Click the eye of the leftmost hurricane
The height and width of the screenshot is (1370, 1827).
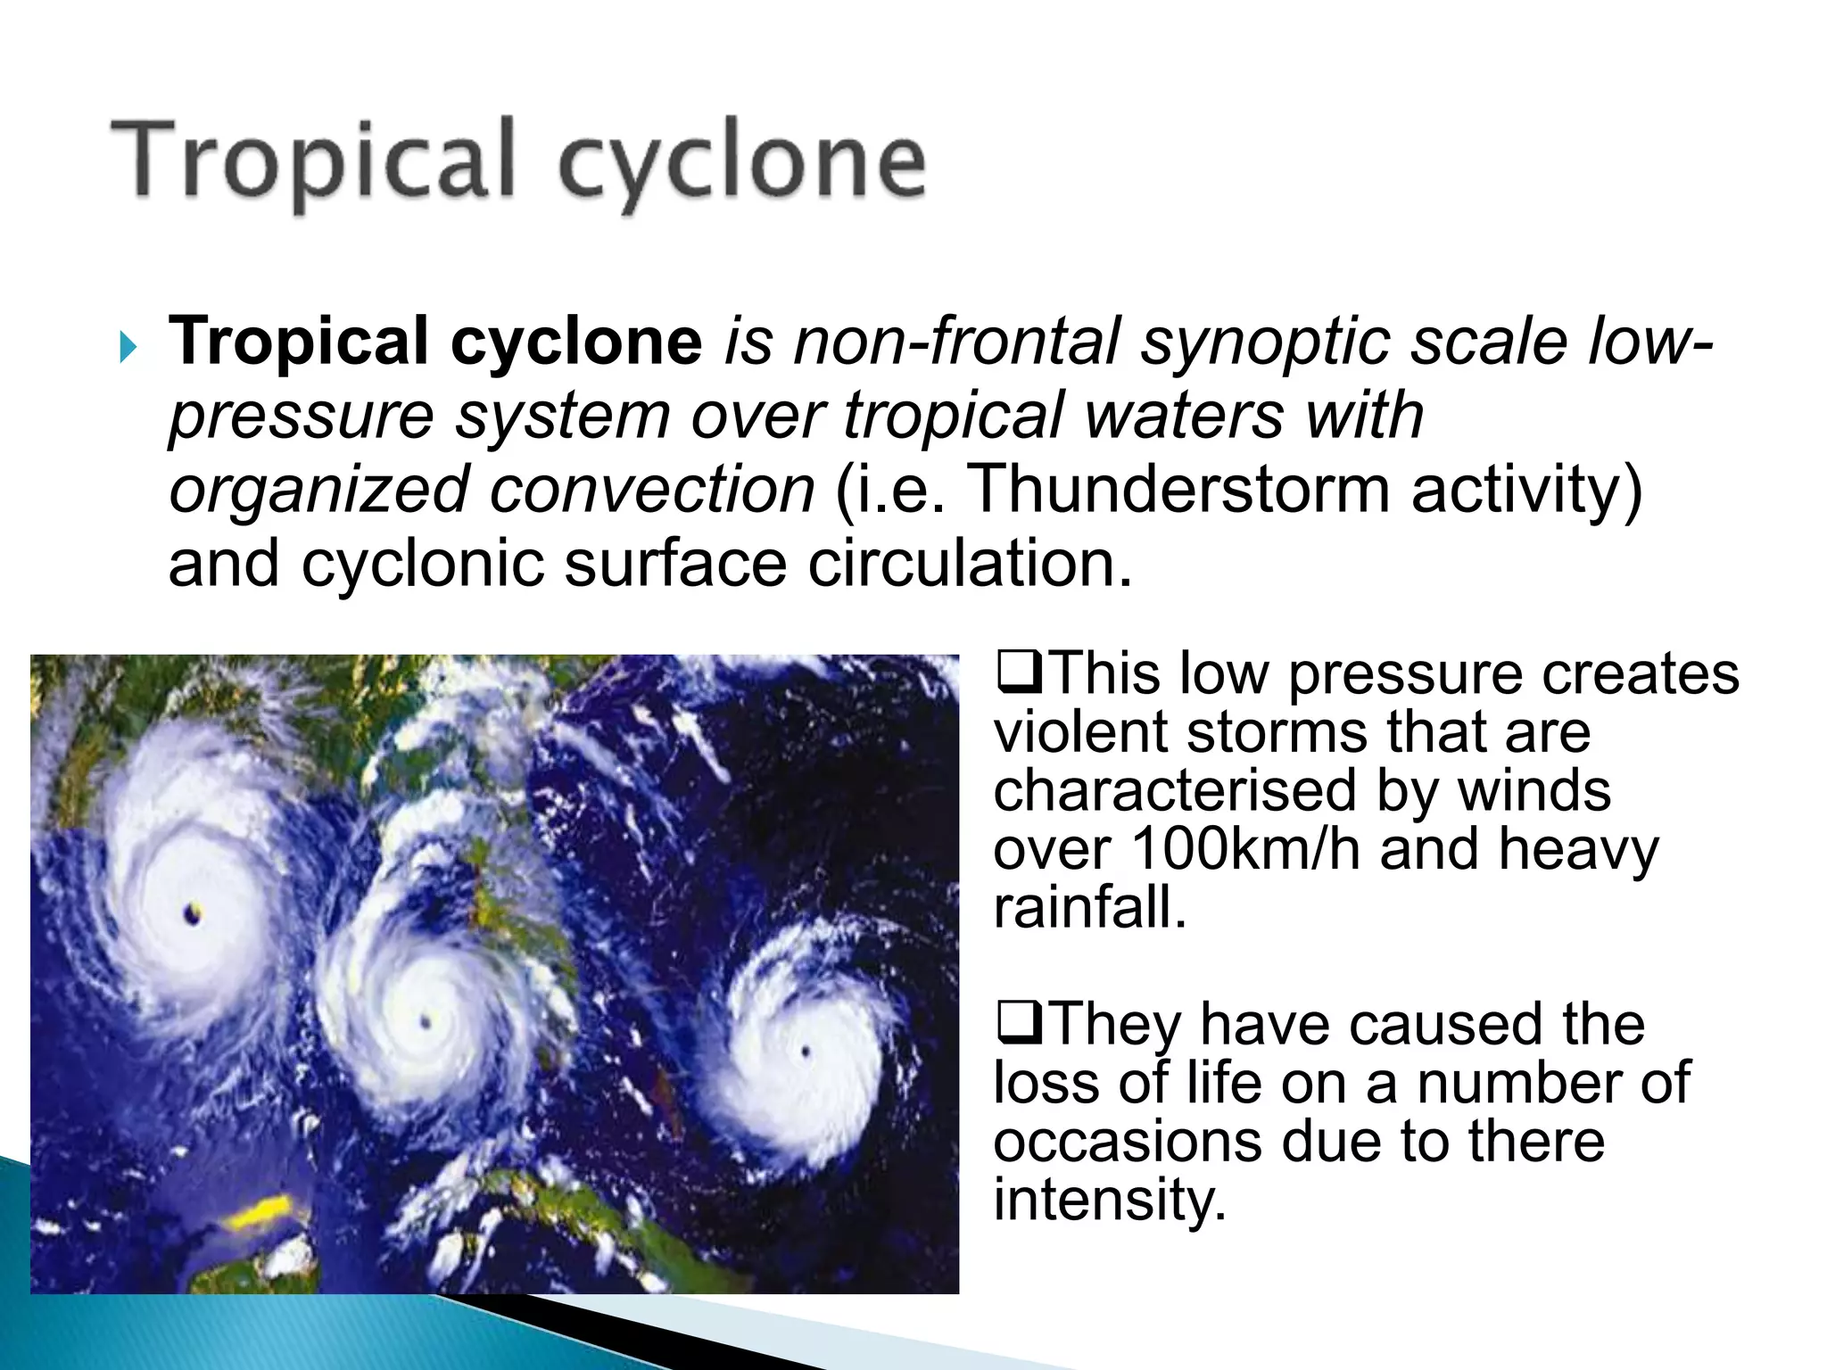194,912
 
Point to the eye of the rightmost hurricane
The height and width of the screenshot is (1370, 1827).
806,1052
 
